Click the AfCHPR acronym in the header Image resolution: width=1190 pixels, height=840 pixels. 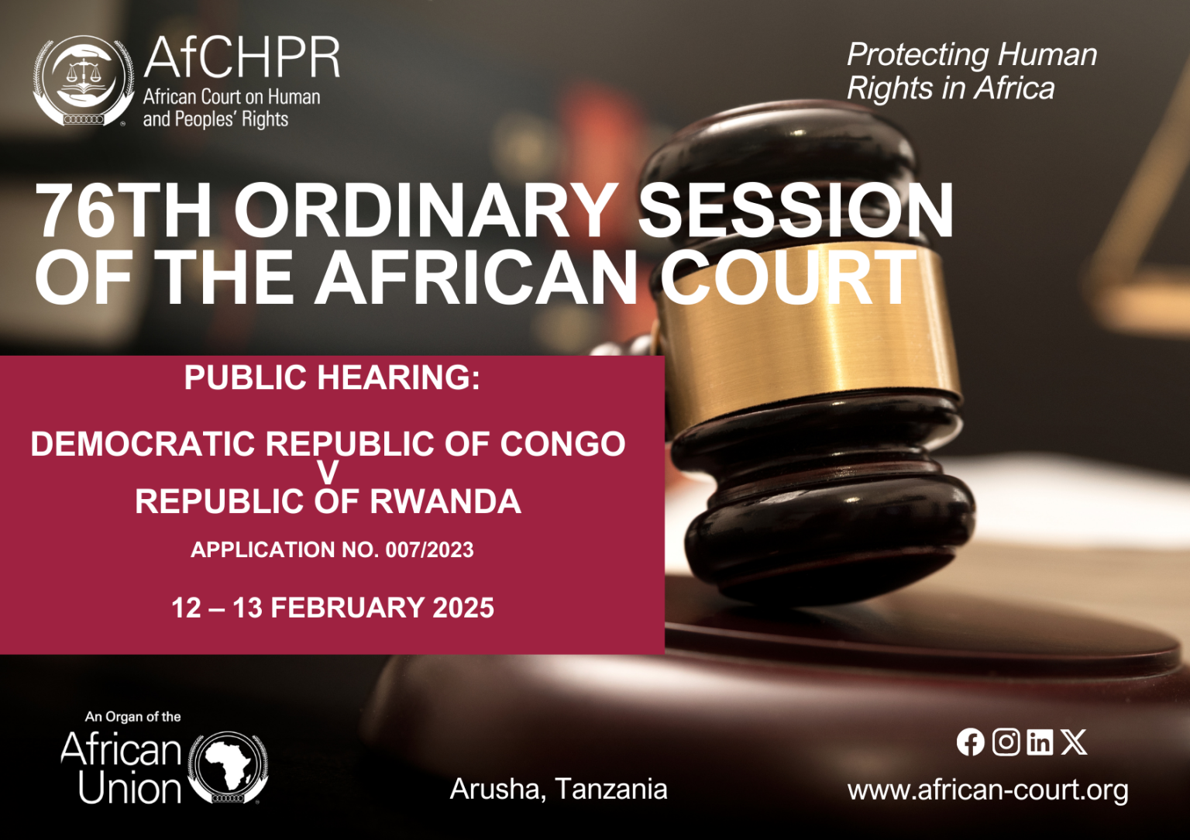[x=242, y=57]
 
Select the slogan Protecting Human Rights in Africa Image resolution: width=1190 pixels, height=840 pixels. [x=972, y=71]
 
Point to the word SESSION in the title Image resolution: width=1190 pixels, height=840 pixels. [x=796, y=211]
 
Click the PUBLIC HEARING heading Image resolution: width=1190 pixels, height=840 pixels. [x=332, y=377]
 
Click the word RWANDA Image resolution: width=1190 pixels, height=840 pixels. [x=445, y=501]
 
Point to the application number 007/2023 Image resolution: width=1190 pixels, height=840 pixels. [x=429, y=550]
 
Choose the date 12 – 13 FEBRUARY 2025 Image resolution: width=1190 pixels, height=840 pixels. [x=332, y=608]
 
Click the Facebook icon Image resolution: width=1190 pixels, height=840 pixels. [x=971, y=742]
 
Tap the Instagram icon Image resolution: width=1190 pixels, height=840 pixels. [x=1006, y=742]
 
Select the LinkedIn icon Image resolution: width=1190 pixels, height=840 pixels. [x=1040, y=742]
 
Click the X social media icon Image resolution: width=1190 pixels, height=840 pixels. [x=1074, y=742]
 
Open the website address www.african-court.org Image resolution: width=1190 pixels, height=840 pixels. [x=988, y=790]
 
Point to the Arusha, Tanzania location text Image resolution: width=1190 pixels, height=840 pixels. [x=559, y=790]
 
